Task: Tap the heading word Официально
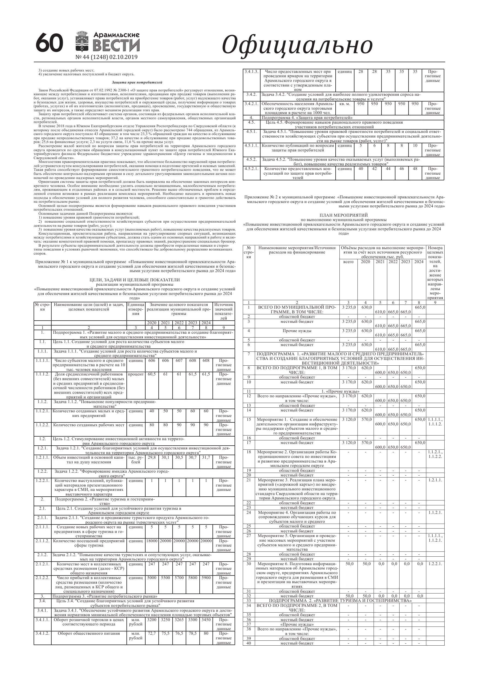point(297,45)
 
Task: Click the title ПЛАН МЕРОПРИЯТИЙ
point(344,215)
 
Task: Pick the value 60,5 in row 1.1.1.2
point(152,374)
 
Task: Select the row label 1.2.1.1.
point(43,457)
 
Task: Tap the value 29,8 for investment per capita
point(152,457)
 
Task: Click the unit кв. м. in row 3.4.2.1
point(344,104)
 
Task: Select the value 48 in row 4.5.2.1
point(415,169)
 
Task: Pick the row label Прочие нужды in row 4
point(297,331)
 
